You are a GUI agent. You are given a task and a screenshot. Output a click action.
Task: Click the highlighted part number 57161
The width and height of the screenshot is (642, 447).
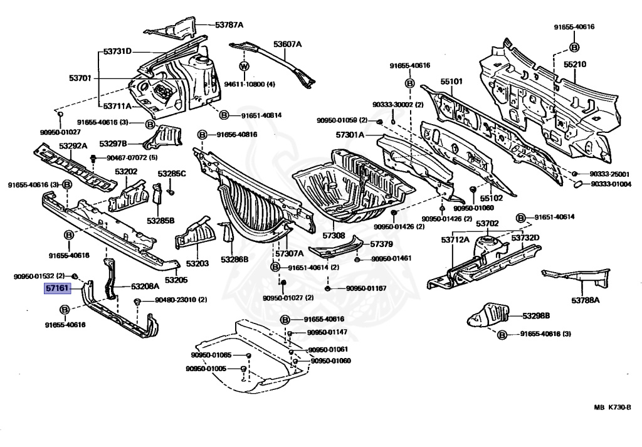57,288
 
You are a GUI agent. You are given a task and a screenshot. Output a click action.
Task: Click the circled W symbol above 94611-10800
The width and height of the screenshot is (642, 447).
245,66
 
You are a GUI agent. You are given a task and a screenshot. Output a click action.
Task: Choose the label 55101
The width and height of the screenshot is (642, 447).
451,82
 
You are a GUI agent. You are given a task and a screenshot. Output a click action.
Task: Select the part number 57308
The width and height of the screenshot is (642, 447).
334,235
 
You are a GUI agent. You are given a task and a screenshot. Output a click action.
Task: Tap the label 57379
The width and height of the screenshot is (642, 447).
381,245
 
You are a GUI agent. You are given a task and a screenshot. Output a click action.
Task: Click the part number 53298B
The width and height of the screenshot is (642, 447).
536,315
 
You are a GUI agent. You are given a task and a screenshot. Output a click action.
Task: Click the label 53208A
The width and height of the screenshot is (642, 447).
145,286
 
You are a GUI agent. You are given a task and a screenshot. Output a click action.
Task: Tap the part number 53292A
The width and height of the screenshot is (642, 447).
73,145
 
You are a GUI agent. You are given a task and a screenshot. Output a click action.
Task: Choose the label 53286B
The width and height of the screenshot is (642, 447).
234,260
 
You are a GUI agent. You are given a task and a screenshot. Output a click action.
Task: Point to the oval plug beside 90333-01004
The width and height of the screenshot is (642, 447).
579,184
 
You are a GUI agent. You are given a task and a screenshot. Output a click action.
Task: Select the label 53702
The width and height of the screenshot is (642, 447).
487,223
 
